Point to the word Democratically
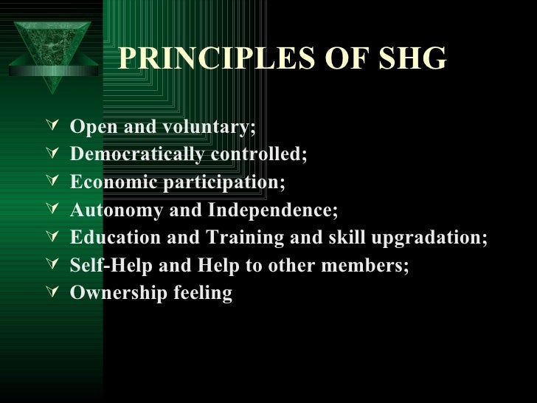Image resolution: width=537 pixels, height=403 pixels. (137, 155)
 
